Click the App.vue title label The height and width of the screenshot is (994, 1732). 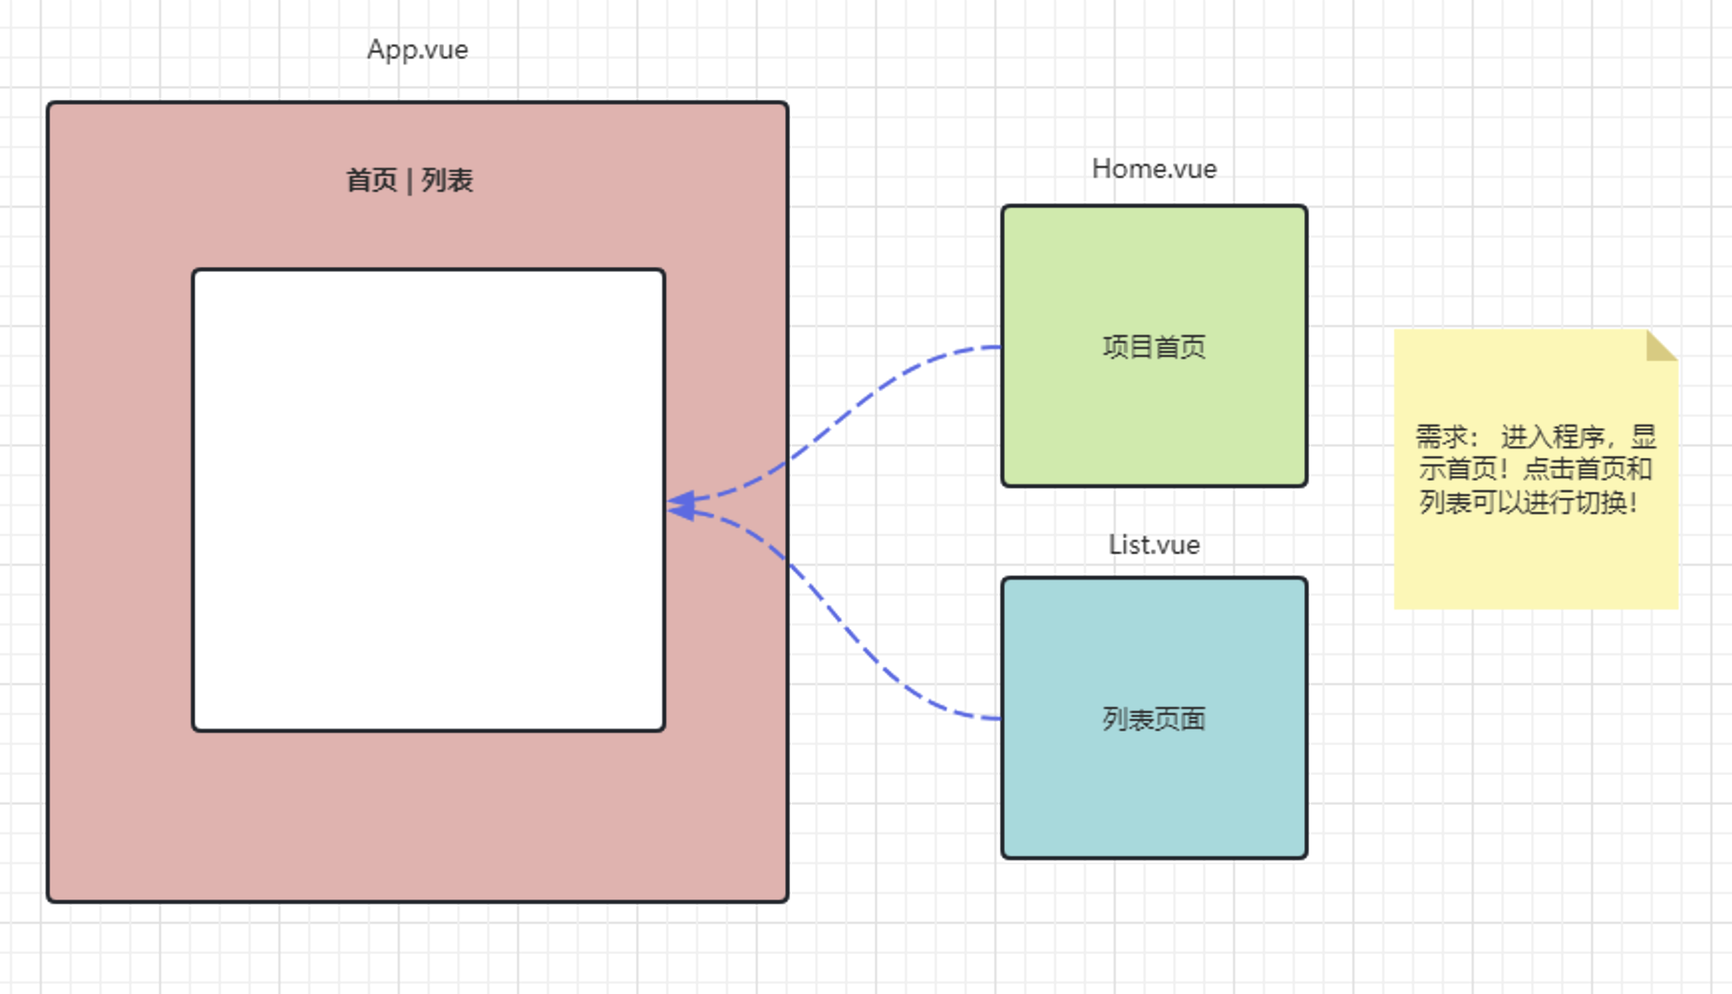417,49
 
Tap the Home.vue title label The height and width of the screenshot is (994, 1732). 1153,169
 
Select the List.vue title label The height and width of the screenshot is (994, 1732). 1153,545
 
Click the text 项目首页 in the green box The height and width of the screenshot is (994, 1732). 1153,347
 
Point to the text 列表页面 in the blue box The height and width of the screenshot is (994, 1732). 1153,719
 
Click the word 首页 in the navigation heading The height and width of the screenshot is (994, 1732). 372,181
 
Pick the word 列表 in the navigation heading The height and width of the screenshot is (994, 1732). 447,181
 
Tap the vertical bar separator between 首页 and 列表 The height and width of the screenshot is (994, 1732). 410,181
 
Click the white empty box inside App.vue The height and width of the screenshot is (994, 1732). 428,500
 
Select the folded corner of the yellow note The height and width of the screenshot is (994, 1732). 1660,346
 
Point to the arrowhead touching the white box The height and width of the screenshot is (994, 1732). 682,506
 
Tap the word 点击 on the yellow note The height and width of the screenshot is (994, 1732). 1547,469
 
